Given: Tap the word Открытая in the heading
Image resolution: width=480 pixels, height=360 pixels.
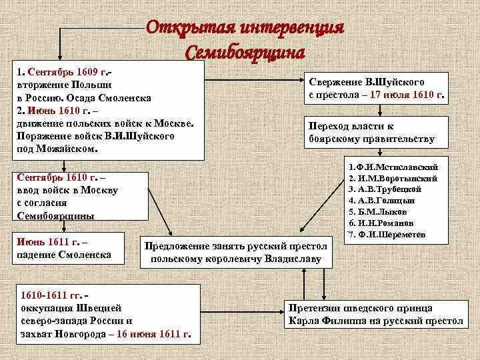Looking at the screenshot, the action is (x=186, y=29).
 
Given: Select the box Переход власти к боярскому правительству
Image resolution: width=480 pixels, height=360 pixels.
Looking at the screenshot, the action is (x=371, y=133).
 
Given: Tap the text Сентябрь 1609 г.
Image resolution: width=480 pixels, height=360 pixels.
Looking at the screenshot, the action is (x=64, y=72).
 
